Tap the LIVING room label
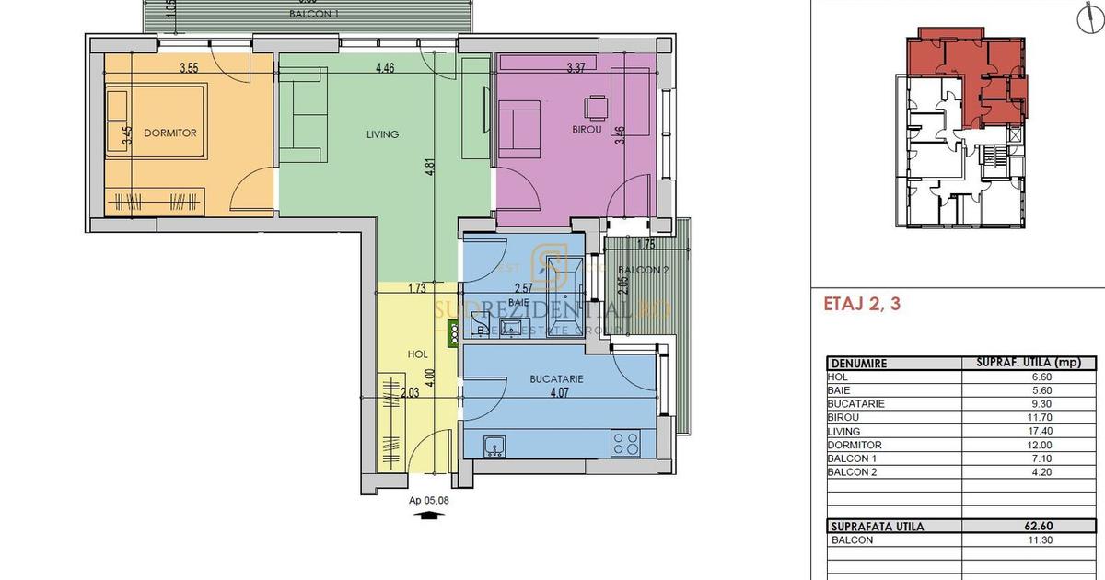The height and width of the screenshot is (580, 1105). click(x=381, y=134)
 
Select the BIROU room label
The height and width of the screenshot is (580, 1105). click(x=586, y=130)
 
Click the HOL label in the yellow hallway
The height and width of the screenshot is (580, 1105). click(x=417, y=354)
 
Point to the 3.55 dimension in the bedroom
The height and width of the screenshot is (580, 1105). click(x=190, y=68)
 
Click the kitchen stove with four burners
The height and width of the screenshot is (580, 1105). click(x=626, y=444)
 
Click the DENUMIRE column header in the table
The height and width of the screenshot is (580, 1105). click(x=858, y=363)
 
